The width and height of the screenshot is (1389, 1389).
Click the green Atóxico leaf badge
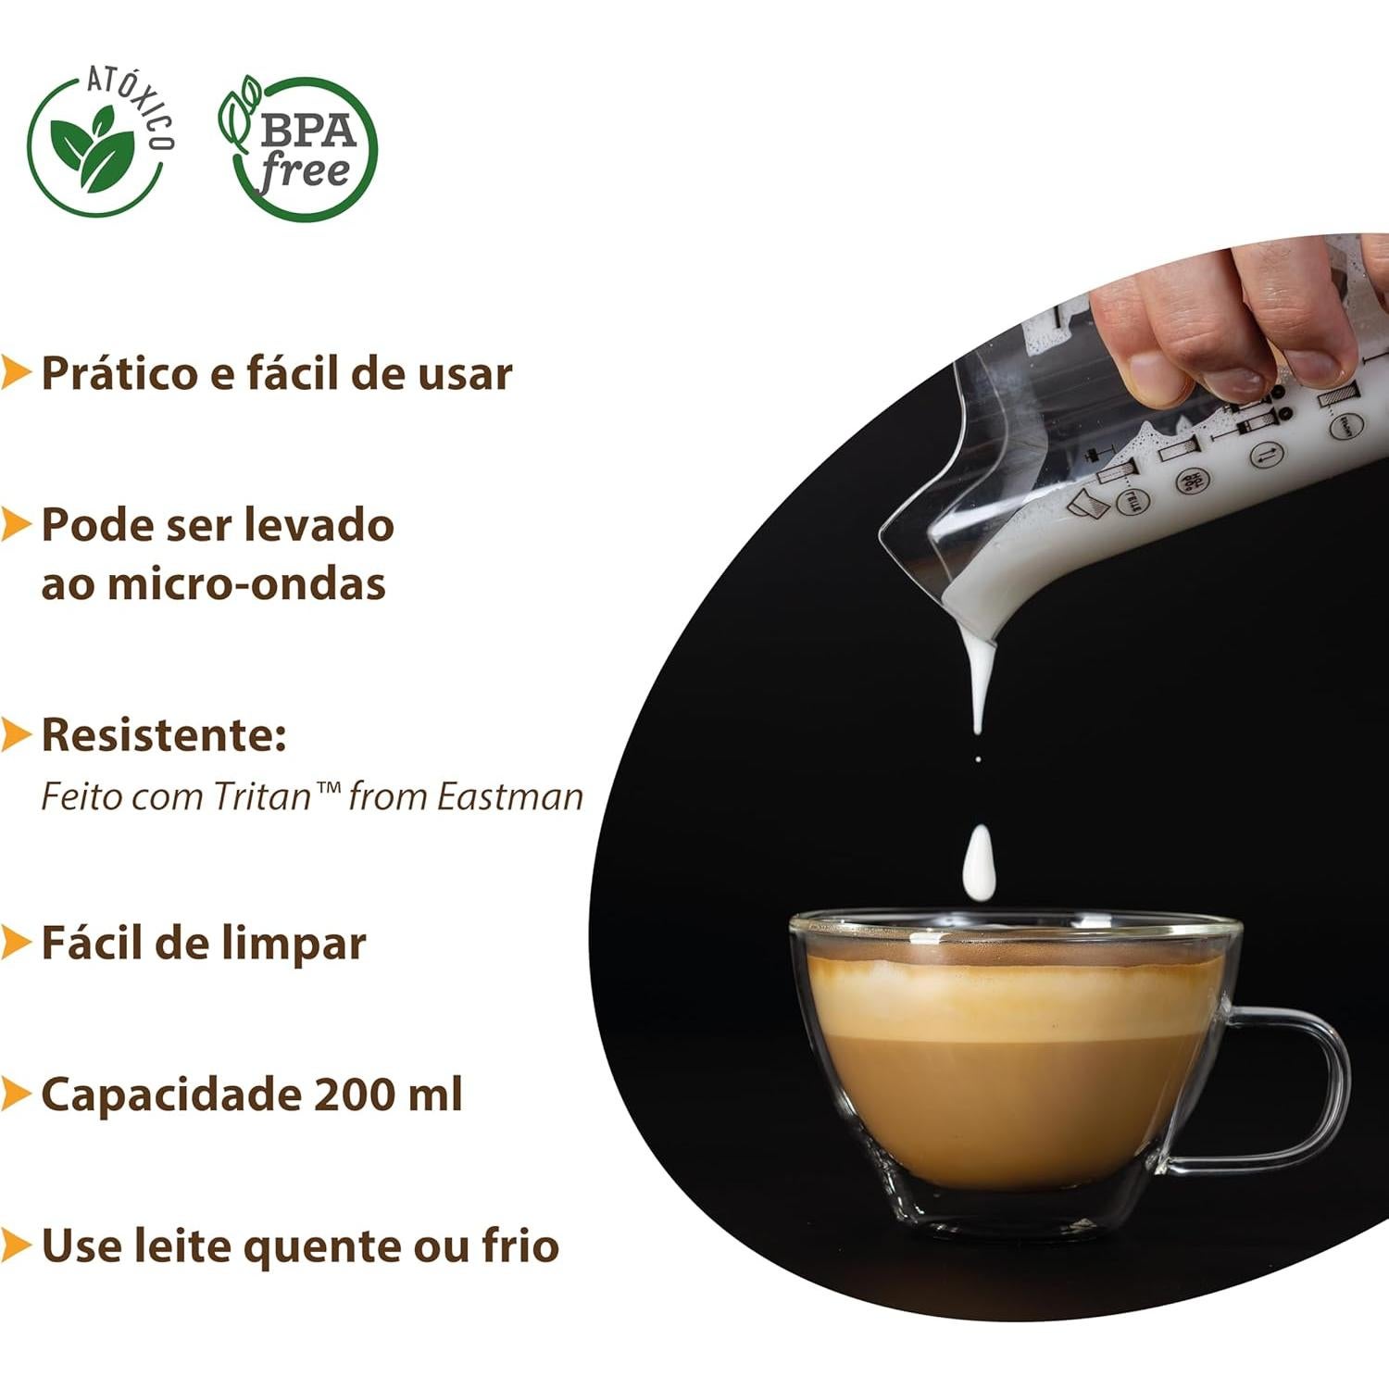pyautogui.click(x=97, y=146)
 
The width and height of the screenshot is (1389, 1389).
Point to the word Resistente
pyautogui.click(x=163, y=734)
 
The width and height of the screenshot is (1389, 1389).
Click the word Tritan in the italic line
pyautogui.click(x=262, y=796)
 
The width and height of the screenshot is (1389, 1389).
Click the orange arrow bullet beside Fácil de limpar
pyautogui.click(x=16, y=943)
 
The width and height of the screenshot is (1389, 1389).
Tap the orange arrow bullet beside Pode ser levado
pyautogui.click(x=16, y=524)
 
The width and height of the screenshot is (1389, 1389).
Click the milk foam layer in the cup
pyautogui.click(x=1009, y=995)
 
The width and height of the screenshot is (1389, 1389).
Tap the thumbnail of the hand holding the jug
pyautogui.click(x=1241, y=324)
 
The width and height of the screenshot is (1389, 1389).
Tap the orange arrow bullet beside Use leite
pyautogui.click(x=16, y=1245)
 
